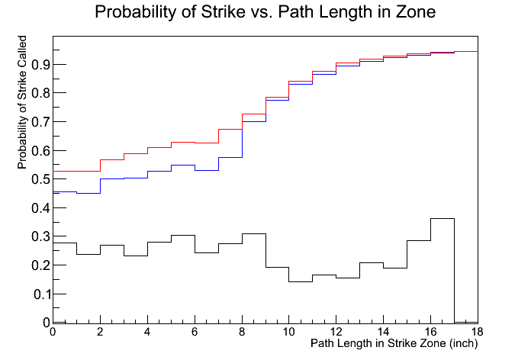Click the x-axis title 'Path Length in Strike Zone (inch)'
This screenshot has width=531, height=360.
[394, 344]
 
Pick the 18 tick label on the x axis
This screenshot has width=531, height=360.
[478, 332]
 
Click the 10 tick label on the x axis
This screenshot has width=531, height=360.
[288, 332]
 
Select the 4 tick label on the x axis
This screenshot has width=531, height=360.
[147, 332]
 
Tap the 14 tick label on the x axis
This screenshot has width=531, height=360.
[383, 332]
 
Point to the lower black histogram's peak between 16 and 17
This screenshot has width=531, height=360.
[443, 218]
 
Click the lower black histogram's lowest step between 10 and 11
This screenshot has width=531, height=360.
[301, 282]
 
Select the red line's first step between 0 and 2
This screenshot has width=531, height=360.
[76, 171]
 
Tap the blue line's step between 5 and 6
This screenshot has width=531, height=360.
[182, 165]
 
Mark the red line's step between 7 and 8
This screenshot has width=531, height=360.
[230, 129]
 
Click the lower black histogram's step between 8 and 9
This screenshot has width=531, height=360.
[253, 233]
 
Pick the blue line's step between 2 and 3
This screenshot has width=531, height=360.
[111, 178]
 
